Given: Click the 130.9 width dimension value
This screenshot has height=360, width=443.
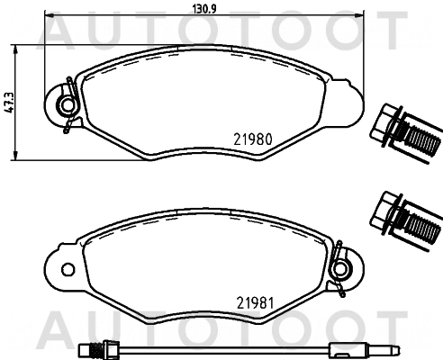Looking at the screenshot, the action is [x=204, y=9].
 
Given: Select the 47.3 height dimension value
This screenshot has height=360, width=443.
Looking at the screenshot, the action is [x=9, y=103].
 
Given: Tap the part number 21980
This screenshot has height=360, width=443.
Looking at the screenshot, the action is [x=253, y=139].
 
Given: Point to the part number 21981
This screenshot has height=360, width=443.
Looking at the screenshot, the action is [x=255, y=303].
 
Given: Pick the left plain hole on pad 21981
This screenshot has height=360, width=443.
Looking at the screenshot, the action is [x=68, y=269].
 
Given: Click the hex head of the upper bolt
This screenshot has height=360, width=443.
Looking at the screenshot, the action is [x=384, y=125].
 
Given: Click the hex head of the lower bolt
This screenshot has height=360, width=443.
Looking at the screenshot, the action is [x=384, y=212].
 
